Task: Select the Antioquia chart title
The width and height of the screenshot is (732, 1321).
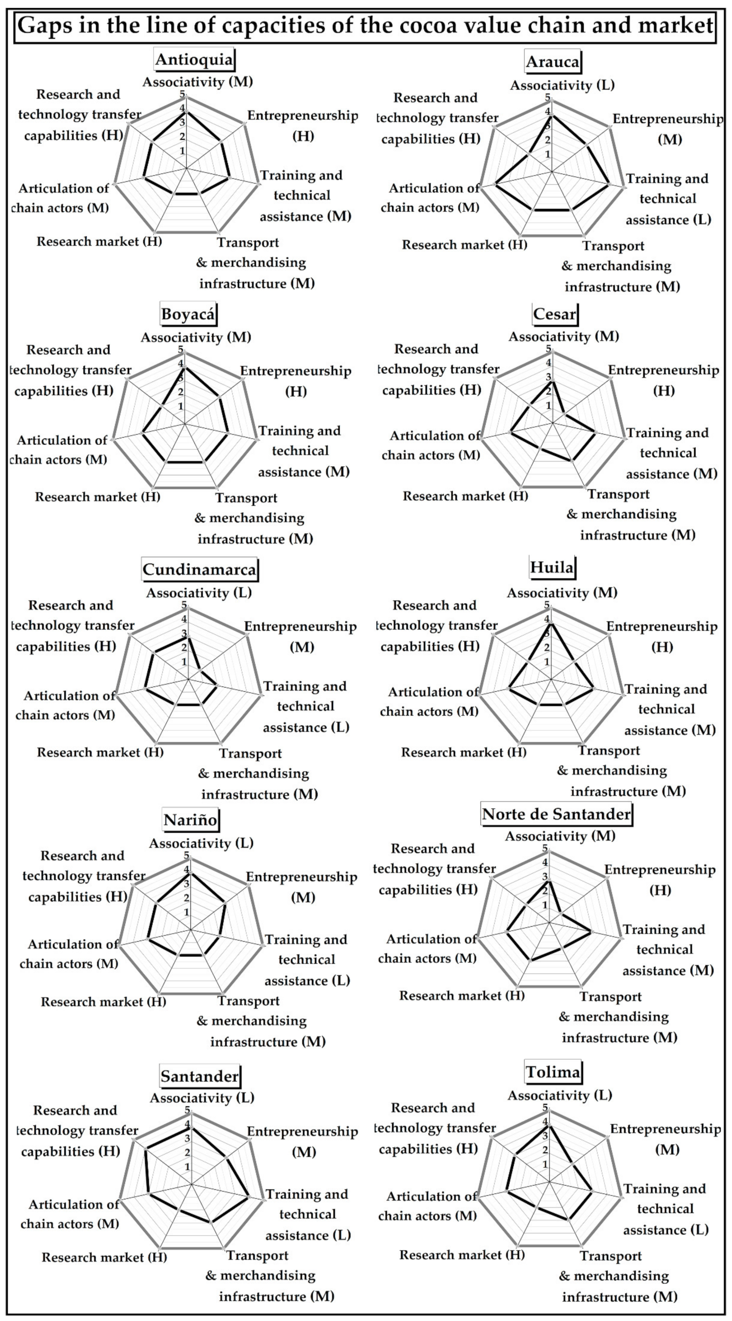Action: (x=194, y=59)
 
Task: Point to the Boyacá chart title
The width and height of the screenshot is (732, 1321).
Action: (x=188, y=314)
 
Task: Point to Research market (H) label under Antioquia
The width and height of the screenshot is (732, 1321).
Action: (x=99, y=242)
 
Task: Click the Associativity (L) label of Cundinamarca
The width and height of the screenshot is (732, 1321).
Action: (x=199, y=593)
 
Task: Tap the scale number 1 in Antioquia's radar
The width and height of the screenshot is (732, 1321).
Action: (x=182, y=151)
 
